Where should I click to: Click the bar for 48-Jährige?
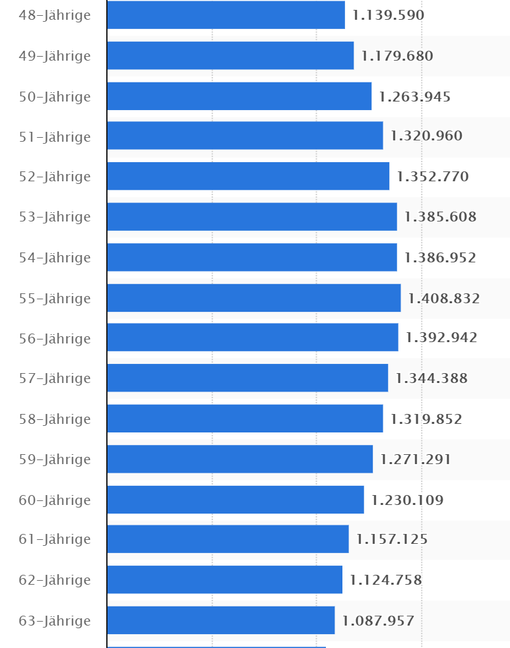click(226, 15)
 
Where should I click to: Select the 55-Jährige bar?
click(253, 298)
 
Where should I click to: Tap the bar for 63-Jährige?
click(220, 620)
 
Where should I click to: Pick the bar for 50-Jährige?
click(239, 96)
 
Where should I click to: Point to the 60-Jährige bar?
click(235, 500)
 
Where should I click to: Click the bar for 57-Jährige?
click(247, 378)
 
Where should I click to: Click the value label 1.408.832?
click(444, 299)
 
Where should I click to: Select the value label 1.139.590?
click(388, 15)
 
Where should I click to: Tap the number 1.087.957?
click(378, 620)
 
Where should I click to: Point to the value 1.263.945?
click(415, 97)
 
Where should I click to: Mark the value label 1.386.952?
click(440, 258)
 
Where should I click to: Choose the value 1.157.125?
click(392, 539)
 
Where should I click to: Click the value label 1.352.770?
click(432, 177)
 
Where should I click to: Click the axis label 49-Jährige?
click(55, 56)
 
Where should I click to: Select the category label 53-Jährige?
click(55, 217)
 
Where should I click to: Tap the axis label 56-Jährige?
click(55, 338)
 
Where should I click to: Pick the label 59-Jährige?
click(55, 459)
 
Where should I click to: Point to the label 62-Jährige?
click(55, 580)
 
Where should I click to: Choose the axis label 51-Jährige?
click(55, 136)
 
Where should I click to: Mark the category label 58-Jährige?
click(55, 419)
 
